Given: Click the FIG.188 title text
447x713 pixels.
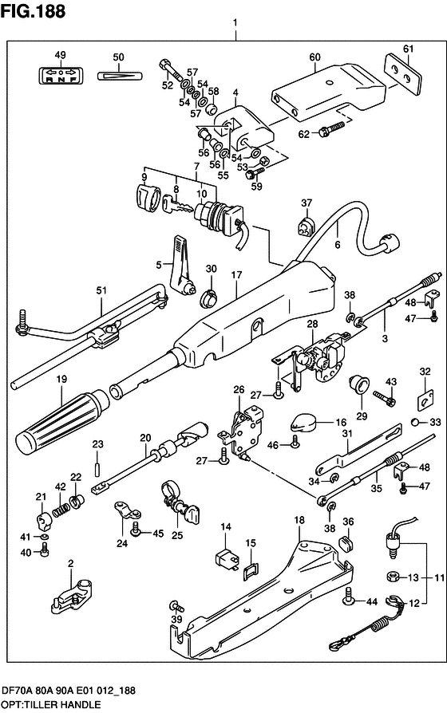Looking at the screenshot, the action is pyautogui.click(x=34, y=11).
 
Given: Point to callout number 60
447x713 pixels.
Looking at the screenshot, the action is pyautogui.click(x=314, y=57).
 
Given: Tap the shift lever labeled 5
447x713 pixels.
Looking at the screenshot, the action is pyautogui.click(x=182, y=266).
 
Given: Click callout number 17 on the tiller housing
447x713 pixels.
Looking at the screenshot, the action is pyautogui.click(x=236, y=275).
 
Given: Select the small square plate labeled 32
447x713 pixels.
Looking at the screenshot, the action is pyautogui.click(x=424, y=397).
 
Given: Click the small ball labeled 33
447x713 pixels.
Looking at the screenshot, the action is pyautogui.click(x=415, y=423).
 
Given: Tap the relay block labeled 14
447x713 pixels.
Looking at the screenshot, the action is pyautogui.click(x=225, y=557).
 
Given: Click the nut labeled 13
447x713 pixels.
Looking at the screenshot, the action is pyautogui.click(x=394, y=577).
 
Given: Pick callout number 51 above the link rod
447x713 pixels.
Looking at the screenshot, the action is pyautogui.click(x=101, y=290).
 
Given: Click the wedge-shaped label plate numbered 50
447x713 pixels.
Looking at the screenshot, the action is pyautogui.click(x=121, y=75).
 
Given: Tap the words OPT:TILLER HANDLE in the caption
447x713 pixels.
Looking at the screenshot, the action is pyautogui.click(x=50, y=705).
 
